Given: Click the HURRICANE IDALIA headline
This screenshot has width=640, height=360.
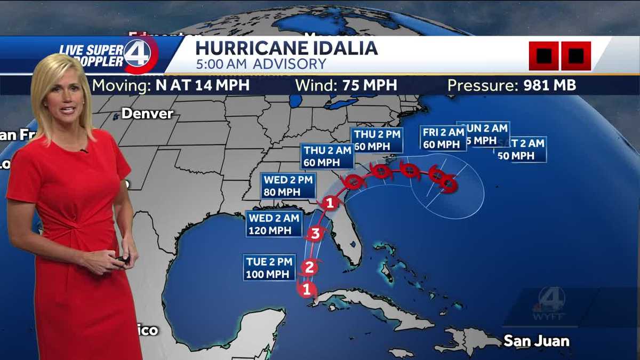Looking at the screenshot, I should pos(286,48).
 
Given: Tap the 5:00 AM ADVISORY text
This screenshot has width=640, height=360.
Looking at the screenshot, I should pos(260,65).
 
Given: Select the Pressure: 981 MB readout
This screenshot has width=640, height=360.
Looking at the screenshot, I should pos(511,85).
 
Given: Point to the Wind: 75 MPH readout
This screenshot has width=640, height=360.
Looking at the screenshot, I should pos(346,85).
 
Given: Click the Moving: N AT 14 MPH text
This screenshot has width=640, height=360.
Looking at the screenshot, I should pos(171,85).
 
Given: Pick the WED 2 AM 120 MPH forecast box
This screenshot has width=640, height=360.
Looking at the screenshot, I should pos(274,224).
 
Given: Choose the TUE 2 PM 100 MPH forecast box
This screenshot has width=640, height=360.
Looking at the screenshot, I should pos(270,268).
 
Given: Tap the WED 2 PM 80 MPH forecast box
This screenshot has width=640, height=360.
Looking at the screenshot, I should pos(289,186).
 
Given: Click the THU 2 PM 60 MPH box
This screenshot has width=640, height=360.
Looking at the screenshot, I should pos(377,140).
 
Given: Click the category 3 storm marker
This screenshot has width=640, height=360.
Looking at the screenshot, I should pos(315,233).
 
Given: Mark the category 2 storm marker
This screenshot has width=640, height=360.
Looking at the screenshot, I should pos(310,267).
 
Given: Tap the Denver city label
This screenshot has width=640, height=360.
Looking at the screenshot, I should pos(147,114).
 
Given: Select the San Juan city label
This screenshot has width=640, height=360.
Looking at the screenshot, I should pos(537,340).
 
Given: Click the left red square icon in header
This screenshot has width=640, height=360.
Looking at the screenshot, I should pos(543,56).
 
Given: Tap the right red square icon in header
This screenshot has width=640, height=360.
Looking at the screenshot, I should pos(575,56).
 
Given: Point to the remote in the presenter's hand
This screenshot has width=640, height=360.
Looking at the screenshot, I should pos(123,260).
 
